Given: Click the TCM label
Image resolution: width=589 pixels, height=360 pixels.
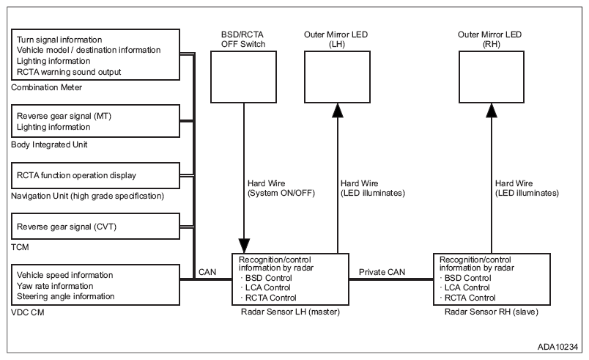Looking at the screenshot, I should [19, 249].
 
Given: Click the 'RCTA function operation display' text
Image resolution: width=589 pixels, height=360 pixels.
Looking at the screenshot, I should [75, 176].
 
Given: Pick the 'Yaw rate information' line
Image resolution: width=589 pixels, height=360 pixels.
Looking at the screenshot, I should [55, 286].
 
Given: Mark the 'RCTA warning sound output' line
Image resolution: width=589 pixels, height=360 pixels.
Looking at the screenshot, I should [69, 72].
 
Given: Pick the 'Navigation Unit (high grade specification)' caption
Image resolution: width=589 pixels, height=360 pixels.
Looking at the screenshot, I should [87, 195].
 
